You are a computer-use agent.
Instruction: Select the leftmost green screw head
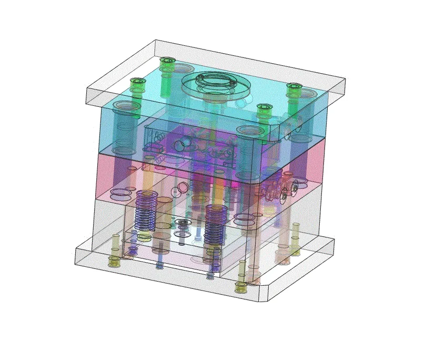pyautogui.click(x=137, y=83)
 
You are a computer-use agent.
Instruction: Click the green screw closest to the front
pyautogui.click(x=264, y=109)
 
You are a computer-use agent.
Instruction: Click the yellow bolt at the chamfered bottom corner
pyautogui.click(x=241, y=287)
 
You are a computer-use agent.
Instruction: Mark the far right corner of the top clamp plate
pyautogui.click(x=345, y=79)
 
